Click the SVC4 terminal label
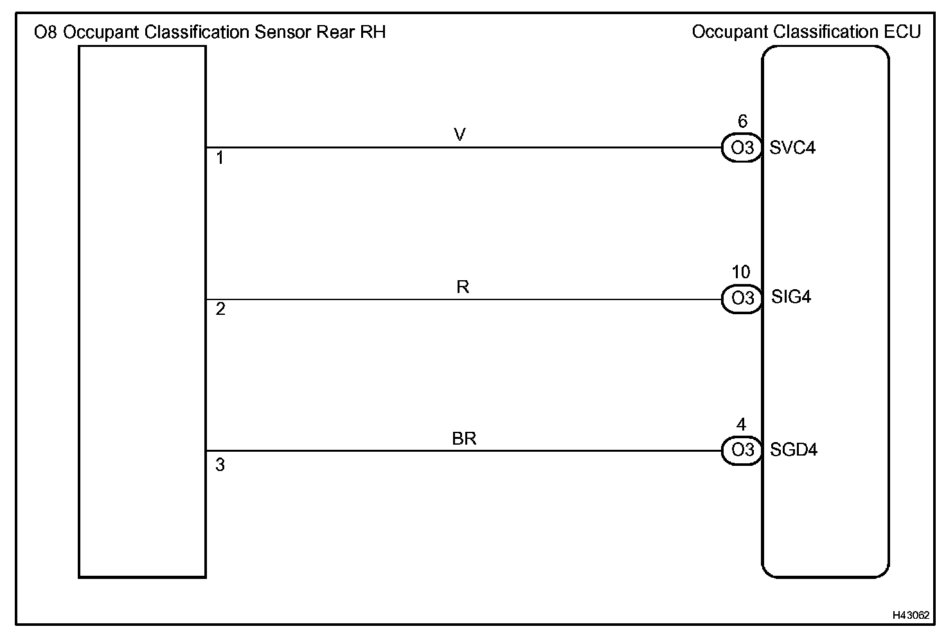point(792,148)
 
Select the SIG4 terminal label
point(791,298)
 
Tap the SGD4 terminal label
point(794,450)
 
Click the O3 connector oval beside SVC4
point(742,148)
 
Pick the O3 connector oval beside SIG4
point(742,299)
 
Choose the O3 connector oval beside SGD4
point(742,450)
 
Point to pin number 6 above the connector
point(742,121)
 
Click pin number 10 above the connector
point(741,272)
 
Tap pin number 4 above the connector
point(741,424)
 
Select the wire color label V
point(460,134)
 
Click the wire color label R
point(463,287)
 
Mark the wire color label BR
point(464,439)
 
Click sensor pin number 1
point(220,158)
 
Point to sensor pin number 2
point(220,310)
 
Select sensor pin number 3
point(220,465)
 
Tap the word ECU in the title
point(903,31)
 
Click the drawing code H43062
point(911,615)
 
